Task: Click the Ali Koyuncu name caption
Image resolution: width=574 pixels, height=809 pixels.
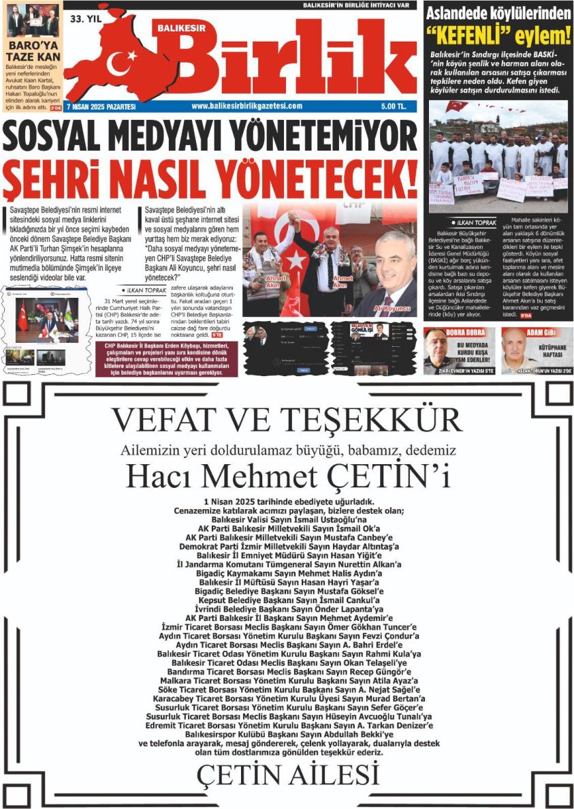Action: tap(392, 308)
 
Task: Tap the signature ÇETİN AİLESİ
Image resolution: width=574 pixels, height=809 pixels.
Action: tap(287, 775)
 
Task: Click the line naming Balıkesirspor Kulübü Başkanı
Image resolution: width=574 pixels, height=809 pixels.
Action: tap(287, 735)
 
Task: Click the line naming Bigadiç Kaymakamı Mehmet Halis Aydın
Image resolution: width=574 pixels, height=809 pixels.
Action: tap(287, 573)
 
